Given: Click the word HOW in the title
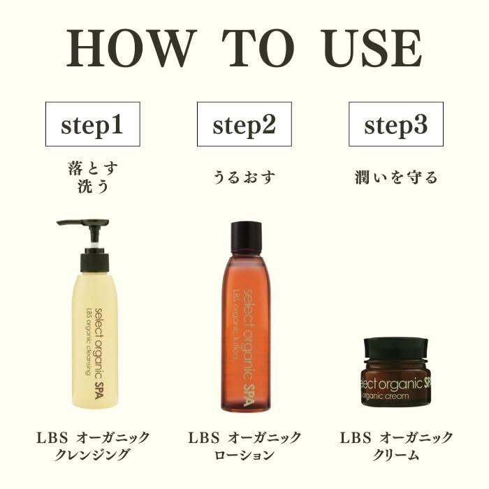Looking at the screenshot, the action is pyautogui.click(x=132, y=48).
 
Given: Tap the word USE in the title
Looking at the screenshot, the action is pyautogui.click(x=372, y=48).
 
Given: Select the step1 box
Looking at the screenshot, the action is pyautogui.click(x=93, y=124).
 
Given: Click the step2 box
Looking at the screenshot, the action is pyautogui.click(x=245, y=124).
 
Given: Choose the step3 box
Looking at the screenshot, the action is pyautogui.click(x=396, y=124).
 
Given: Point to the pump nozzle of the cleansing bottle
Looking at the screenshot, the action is pyautogui.click(x=82, y=224).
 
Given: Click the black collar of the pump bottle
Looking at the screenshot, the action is pyautogui.click(x=95, y=262).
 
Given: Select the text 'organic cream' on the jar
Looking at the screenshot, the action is pyautogui.click(x=386, y=396).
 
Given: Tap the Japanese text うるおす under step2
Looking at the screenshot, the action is pyautogui.click(x=245, y=177).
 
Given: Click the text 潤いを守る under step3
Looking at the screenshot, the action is pyautogui.click(x=396, y=177).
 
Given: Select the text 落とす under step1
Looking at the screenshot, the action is pyautogui.click(x=93, y=169).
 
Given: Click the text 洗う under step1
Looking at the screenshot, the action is pyautogui.click(x=93, y=187).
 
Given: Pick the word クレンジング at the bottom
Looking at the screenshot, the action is pyautogui.click(x=92, y=455).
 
